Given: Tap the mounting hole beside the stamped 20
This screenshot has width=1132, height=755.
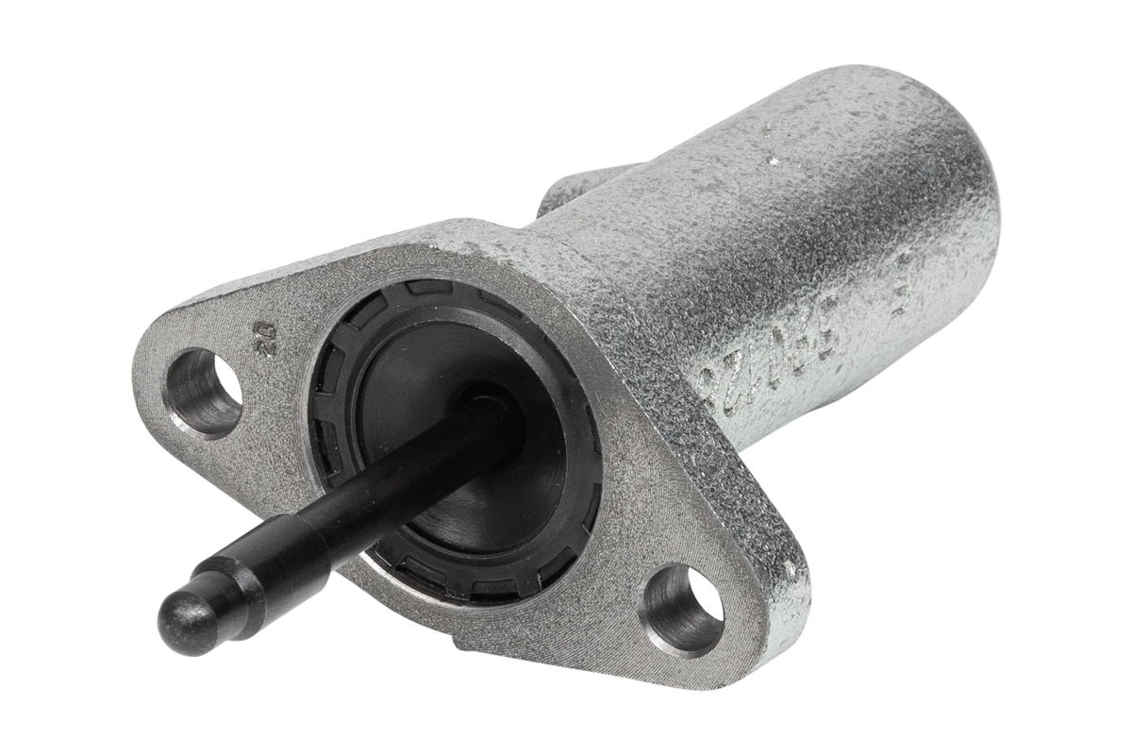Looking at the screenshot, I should click(202, 392).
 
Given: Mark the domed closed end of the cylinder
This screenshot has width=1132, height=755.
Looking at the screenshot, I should click(953, 189).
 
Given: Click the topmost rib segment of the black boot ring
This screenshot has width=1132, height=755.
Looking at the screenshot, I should click(424, 287).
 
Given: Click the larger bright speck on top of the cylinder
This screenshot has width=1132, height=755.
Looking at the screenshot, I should click(774, 161).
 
